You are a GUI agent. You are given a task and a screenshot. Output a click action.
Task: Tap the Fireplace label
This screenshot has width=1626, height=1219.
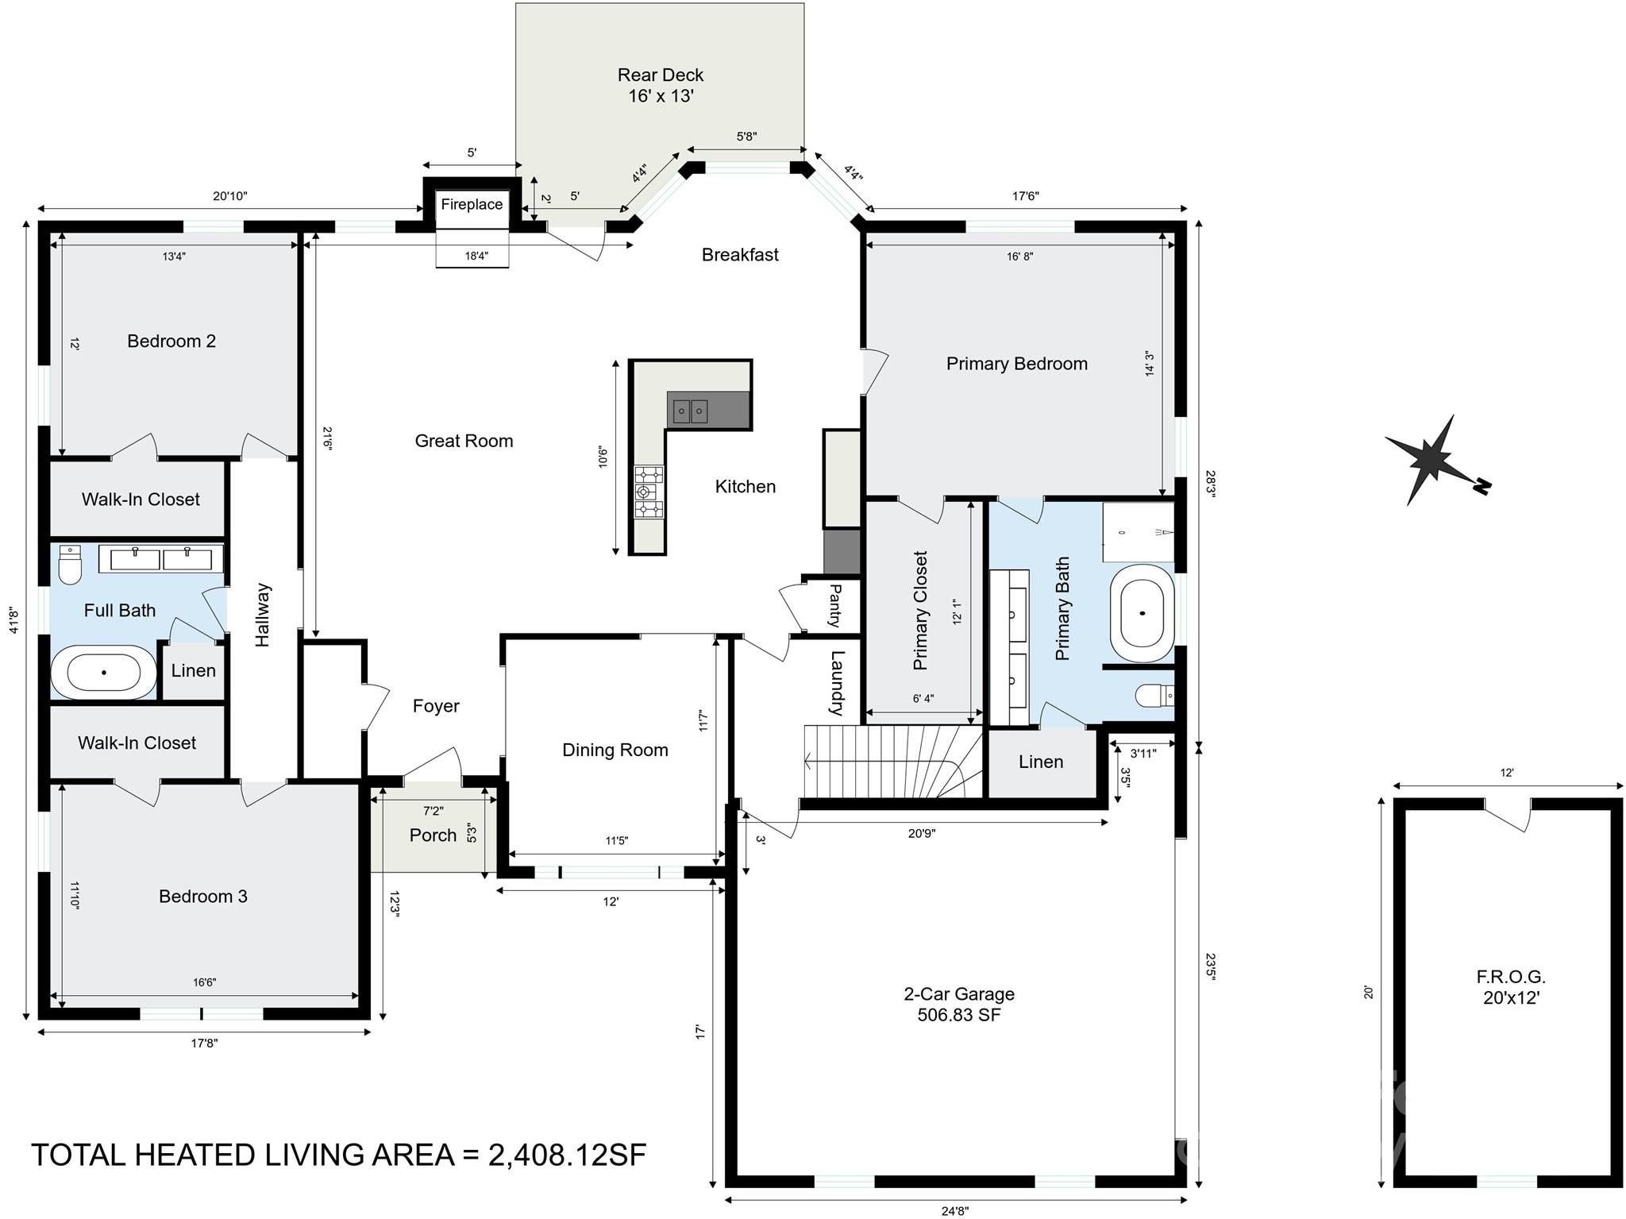click(472, 204)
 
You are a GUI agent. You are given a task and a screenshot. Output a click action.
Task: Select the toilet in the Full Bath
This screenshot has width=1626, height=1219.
click(70, 565)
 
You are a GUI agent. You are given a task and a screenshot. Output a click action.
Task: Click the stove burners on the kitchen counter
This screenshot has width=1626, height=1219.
click(649, 492)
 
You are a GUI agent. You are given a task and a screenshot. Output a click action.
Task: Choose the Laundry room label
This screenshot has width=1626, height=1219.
click(836, 683)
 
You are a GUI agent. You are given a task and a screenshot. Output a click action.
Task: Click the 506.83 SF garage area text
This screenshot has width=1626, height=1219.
click(959, 1015)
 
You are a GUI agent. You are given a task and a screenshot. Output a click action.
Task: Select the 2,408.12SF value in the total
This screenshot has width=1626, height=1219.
click(568, 1155)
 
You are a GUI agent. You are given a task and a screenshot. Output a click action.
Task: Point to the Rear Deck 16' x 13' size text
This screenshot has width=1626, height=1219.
click(661, 96)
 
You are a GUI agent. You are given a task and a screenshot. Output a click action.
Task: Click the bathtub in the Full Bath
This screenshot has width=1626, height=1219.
click(104, 672)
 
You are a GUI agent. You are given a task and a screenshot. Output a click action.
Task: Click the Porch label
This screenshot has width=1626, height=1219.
click(433, 835)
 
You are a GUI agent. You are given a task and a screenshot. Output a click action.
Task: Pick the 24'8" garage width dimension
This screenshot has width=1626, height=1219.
click(956, 1211)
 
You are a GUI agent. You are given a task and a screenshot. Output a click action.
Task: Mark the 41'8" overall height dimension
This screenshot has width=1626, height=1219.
click(13, 620)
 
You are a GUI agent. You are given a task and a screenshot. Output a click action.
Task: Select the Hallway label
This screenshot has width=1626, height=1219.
click(263, 615)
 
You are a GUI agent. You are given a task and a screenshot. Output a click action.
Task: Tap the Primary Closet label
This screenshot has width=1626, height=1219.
click(920, 610)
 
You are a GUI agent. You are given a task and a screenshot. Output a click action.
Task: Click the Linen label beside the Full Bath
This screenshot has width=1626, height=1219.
click(193, 670)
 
